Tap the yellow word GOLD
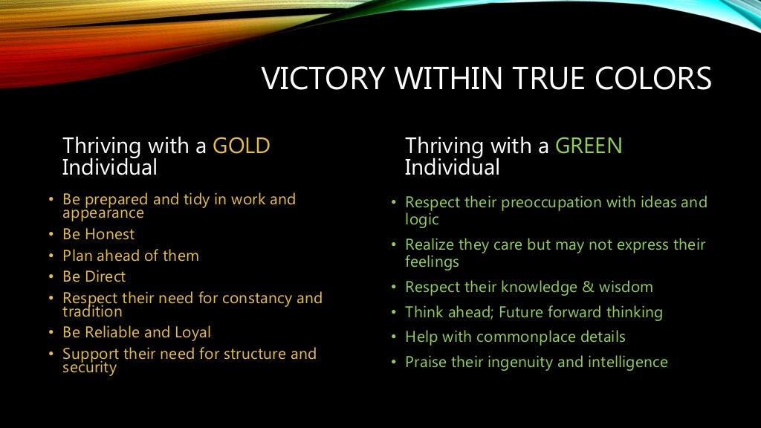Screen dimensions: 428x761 tap(242, 146)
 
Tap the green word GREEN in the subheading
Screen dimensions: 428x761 tap(589, 146)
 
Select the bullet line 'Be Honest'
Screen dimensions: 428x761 tap(99, 235)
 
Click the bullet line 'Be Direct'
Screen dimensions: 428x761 tap(94, 276)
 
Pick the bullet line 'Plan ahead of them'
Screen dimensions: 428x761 tap(131, 256)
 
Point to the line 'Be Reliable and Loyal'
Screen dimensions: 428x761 tap(137, 333)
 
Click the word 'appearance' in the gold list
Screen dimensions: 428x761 tap(103, 213)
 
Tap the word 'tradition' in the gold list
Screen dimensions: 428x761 tap(92, 312)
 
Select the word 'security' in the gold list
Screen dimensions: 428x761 tap(90, 368)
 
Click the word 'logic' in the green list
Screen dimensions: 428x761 tap(422, 220)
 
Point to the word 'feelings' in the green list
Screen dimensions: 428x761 tap(432, 262)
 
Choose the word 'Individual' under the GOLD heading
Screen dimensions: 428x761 tap(109, 168)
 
